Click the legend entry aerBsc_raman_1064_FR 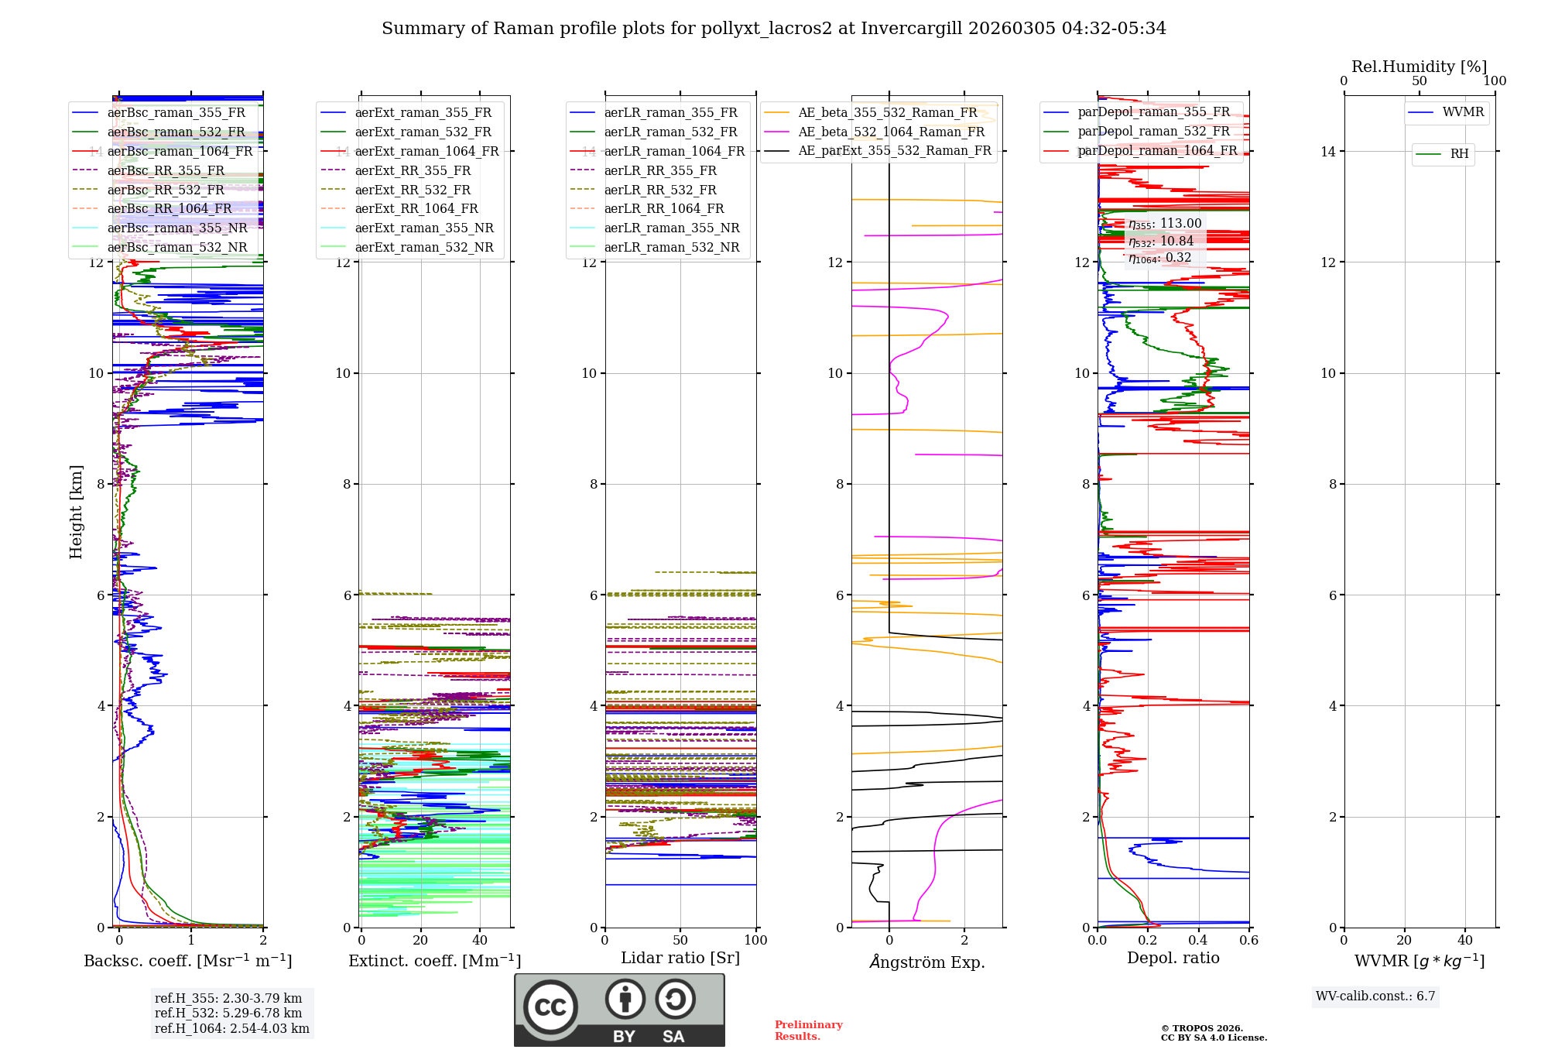coord(180,152)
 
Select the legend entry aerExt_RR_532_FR coord(413,190)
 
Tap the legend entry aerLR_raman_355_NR coord(671,228)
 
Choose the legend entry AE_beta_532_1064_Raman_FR coord(891,132)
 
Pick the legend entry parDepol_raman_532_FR coord(1153,132)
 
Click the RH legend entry coord(1459,154)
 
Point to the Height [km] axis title coord(76,512)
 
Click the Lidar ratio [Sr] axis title coord(680,958)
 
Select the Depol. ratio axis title coord(1173,958)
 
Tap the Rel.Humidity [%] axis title coord(1419,67)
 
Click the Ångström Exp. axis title coord(926,962)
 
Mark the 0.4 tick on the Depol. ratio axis coord(1198,940)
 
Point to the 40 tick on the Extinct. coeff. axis coord(480,940)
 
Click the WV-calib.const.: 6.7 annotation coord(1375,996)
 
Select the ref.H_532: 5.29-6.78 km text coord(228,1014)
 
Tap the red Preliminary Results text coord(808,1031)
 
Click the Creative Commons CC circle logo coord(550,1007)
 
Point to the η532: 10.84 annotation coord(1161,242)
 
